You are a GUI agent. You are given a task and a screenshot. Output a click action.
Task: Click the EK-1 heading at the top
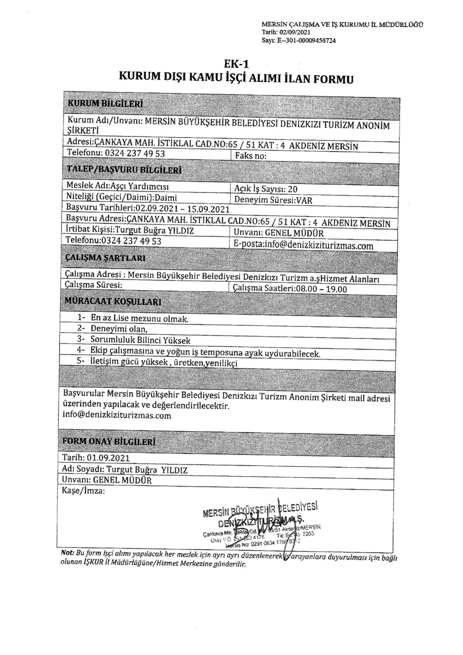[x=236, y=64]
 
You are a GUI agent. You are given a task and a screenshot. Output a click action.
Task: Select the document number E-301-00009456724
[x=306, y=40]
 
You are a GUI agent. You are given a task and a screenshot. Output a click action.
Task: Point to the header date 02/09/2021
[x=295, y=32]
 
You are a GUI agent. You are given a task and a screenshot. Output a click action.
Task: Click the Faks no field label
[x=250, y=156]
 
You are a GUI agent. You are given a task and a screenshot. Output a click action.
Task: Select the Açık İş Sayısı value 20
[x=293, y=189]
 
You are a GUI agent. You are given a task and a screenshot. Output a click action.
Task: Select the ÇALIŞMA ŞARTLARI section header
[x=106, y=257]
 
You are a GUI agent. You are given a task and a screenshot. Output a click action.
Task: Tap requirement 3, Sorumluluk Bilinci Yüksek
[x=140, y=340]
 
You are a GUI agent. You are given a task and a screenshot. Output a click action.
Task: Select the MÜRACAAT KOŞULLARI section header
[x=113, y=302]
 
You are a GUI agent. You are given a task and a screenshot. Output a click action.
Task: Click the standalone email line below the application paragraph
[x=117, y=416]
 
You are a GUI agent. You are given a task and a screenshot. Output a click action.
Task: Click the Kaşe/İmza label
[x=83, y=491]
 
